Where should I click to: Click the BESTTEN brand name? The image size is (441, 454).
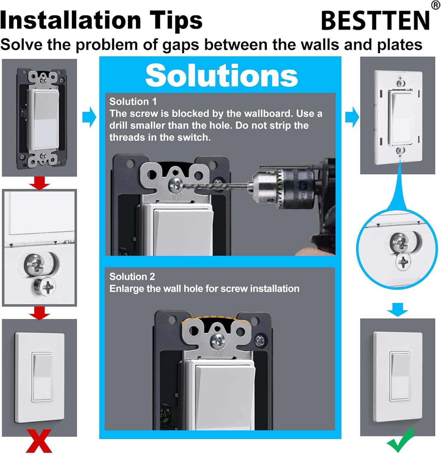375,20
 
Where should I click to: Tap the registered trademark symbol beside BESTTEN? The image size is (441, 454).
435,5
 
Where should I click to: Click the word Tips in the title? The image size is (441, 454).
177,20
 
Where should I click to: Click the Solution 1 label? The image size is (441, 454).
133,101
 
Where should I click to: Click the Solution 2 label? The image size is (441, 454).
132,276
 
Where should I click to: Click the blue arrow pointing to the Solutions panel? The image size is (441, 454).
89,117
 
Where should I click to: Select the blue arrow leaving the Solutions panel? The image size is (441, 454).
352,117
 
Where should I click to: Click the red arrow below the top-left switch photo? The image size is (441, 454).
39,183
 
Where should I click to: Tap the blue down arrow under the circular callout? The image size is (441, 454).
397,309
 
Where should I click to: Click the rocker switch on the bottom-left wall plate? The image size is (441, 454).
42,377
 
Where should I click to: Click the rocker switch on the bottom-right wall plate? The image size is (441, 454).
400,376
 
